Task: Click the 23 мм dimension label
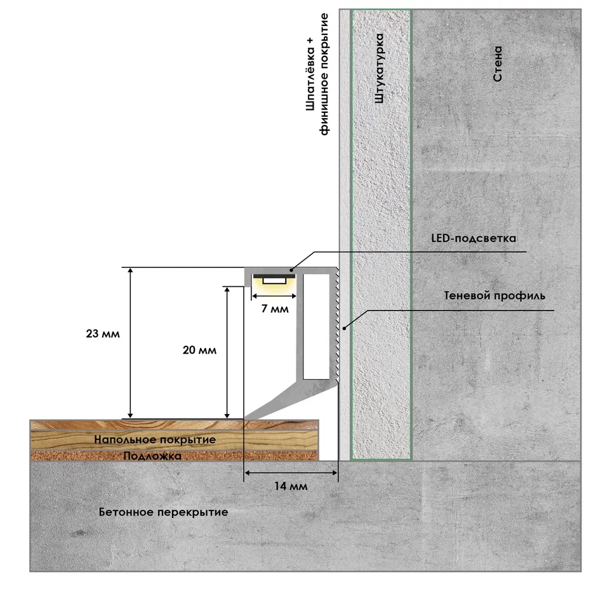(103, 333)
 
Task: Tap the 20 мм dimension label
(199, 350)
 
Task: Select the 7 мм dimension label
(275, 309)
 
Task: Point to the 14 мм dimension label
(291, 486)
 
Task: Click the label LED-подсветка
(474, 238)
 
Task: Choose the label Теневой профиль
(495, 296)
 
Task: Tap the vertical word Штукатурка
(380, 69)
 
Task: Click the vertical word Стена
(498, 63)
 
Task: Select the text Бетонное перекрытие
(163, 512)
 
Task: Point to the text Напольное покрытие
(155, 439)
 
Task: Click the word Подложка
(152, 456)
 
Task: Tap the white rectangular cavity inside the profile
(316, 327)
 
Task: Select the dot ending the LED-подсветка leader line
(291, 269)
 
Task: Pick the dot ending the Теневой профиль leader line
(345, 328)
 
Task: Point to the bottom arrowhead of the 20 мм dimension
(227, 415)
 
